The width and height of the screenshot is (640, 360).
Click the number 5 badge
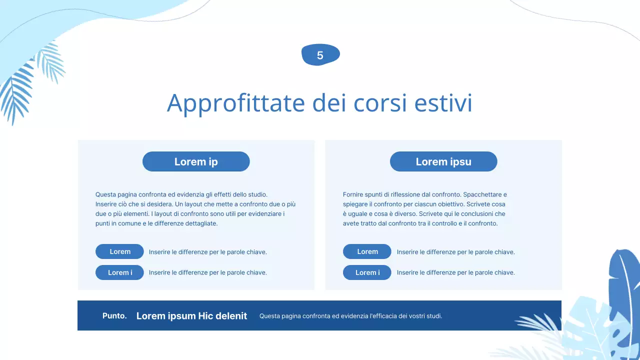click(320, 55)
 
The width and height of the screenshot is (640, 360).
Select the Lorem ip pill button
click(196, 161)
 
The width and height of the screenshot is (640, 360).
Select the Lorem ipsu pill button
click(443, 161)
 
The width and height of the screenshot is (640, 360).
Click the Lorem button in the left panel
click(119, 251)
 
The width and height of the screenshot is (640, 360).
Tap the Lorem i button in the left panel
click(119, 272)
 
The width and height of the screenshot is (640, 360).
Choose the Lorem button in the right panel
click(367, 251)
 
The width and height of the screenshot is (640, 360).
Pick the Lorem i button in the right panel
click(367, 272)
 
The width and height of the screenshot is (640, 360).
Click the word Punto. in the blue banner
click(114, 316)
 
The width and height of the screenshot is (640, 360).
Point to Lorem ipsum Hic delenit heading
click(191, 316)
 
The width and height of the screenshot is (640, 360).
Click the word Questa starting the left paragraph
click(105, 194)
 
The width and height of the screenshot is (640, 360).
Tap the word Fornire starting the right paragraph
click(353, 194)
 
